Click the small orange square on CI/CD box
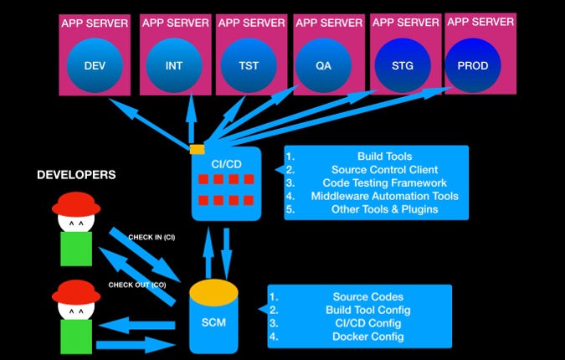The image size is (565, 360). [198, 150]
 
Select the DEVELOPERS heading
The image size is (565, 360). [76, 175]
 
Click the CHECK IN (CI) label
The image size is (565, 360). [151, 237]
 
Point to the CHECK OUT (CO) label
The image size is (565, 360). [136, 285]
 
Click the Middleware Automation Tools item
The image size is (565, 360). [384, 196]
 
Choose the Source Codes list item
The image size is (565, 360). [367, 296]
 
